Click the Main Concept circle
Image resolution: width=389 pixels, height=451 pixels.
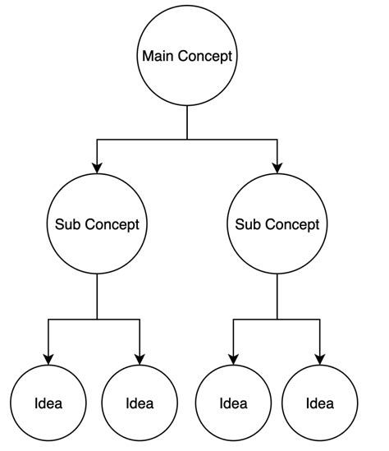point(187,57)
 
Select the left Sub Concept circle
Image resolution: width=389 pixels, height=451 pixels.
point(97,223)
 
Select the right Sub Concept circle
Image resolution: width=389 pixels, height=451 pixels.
point(277,223)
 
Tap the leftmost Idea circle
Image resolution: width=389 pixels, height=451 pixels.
point(48,403)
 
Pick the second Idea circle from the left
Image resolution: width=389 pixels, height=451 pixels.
point(140,403)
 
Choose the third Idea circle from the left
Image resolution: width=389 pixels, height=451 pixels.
point(233,403)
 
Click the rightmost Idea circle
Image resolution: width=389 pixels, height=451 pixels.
point(319,403)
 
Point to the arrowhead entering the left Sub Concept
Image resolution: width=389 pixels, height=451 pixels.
point(97,168)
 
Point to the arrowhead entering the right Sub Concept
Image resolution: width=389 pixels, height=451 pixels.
point(277,168)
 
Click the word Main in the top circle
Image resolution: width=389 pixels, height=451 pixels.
point(158,57)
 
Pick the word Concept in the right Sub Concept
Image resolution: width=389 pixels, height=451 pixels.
point(293,223)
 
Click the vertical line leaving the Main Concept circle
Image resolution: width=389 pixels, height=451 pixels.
point(187,123)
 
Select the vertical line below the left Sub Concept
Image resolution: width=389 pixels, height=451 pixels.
point(97,296)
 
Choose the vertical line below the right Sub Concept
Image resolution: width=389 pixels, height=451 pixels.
point(277,296)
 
